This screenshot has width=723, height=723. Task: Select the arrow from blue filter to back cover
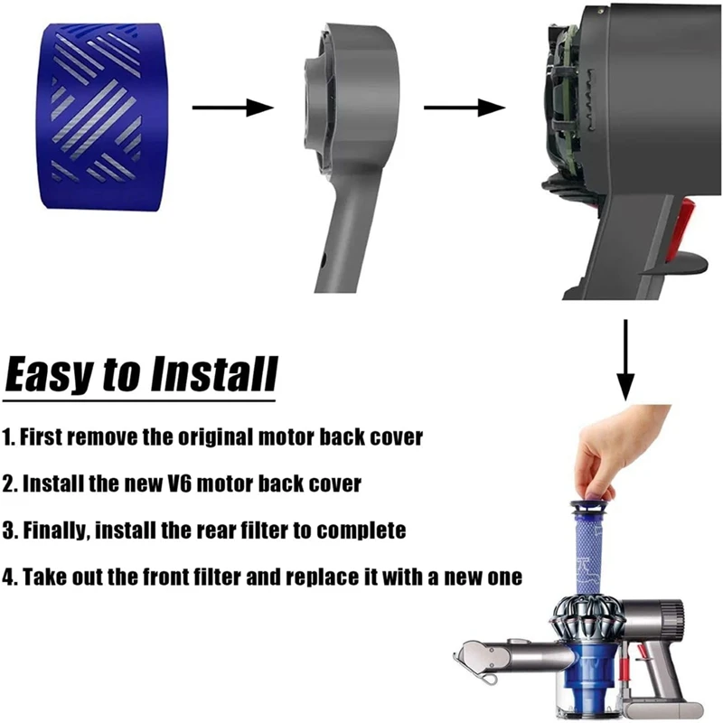point(233,108)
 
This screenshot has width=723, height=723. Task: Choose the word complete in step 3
point(364,530)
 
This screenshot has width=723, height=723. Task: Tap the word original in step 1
point(248,437)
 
